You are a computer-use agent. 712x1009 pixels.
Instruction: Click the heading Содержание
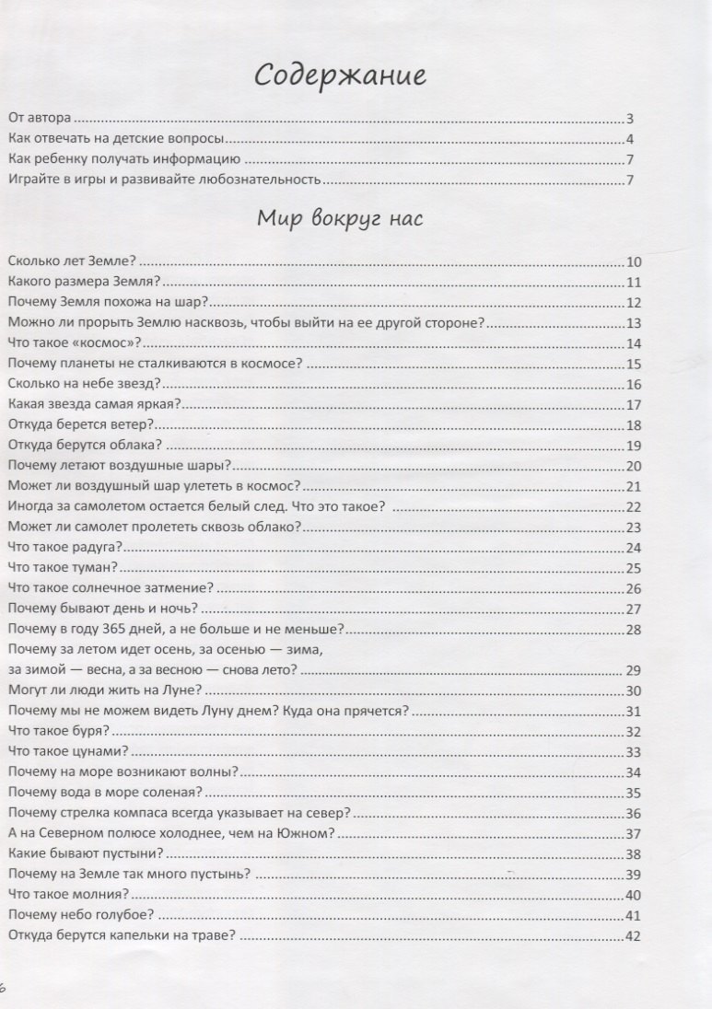(x=341, y=75)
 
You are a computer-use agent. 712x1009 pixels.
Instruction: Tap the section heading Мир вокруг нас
(x=340, y=222)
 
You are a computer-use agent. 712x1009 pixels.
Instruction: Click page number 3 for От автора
(x=630, y=119)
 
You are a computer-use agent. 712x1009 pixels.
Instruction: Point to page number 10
(x=633, y=261)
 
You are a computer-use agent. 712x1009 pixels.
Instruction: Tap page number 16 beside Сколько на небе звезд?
(x=633, y=384)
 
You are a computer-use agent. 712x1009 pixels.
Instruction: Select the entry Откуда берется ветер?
(x=79, y=424)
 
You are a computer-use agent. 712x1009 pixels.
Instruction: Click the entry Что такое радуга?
(x=66, y=548)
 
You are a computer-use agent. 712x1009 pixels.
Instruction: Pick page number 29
(x=633, y=670)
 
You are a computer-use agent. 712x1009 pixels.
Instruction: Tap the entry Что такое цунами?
(x=66, y=751)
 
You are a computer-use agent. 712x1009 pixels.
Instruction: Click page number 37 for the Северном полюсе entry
(x=633, y=834)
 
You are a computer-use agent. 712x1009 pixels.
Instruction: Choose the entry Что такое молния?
(x=67, y=895)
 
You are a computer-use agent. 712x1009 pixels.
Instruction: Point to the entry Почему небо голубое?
(x=79, y=915)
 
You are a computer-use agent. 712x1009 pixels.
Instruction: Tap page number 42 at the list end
(x=633, y=936)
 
